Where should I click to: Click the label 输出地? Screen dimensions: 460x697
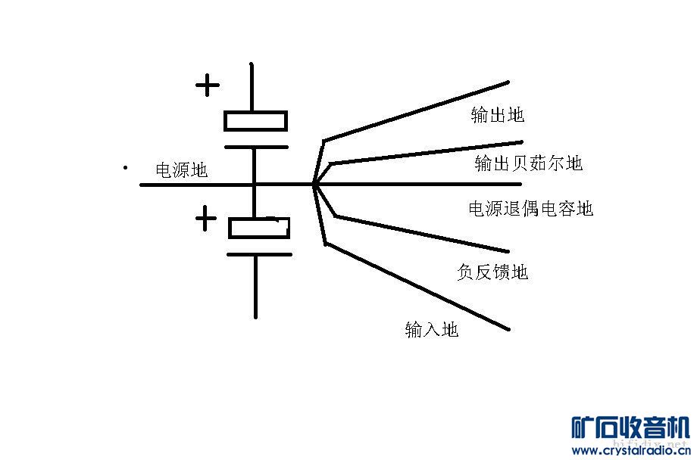497,115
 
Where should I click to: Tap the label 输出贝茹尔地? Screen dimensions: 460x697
529,163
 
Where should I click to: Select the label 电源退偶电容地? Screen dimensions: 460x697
531,208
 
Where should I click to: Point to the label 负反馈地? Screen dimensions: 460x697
492,272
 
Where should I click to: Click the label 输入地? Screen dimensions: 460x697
432,329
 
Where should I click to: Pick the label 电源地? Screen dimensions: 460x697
181,170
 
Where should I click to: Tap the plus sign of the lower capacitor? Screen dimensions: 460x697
205,219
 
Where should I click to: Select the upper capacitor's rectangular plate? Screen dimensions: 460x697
255,120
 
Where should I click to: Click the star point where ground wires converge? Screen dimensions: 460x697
314,183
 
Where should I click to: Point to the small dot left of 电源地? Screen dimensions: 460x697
125,167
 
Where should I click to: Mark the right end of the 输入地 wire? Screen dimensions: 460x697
508,329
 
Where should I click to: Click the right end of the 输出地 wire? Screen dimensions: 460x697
508,82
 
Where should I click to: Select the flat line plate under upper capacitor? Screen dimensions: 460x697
255,146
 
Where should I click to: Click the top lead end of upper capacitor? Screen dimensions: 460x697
252,67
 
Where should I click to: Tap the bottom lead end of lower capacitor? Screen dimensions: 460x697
255,315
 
